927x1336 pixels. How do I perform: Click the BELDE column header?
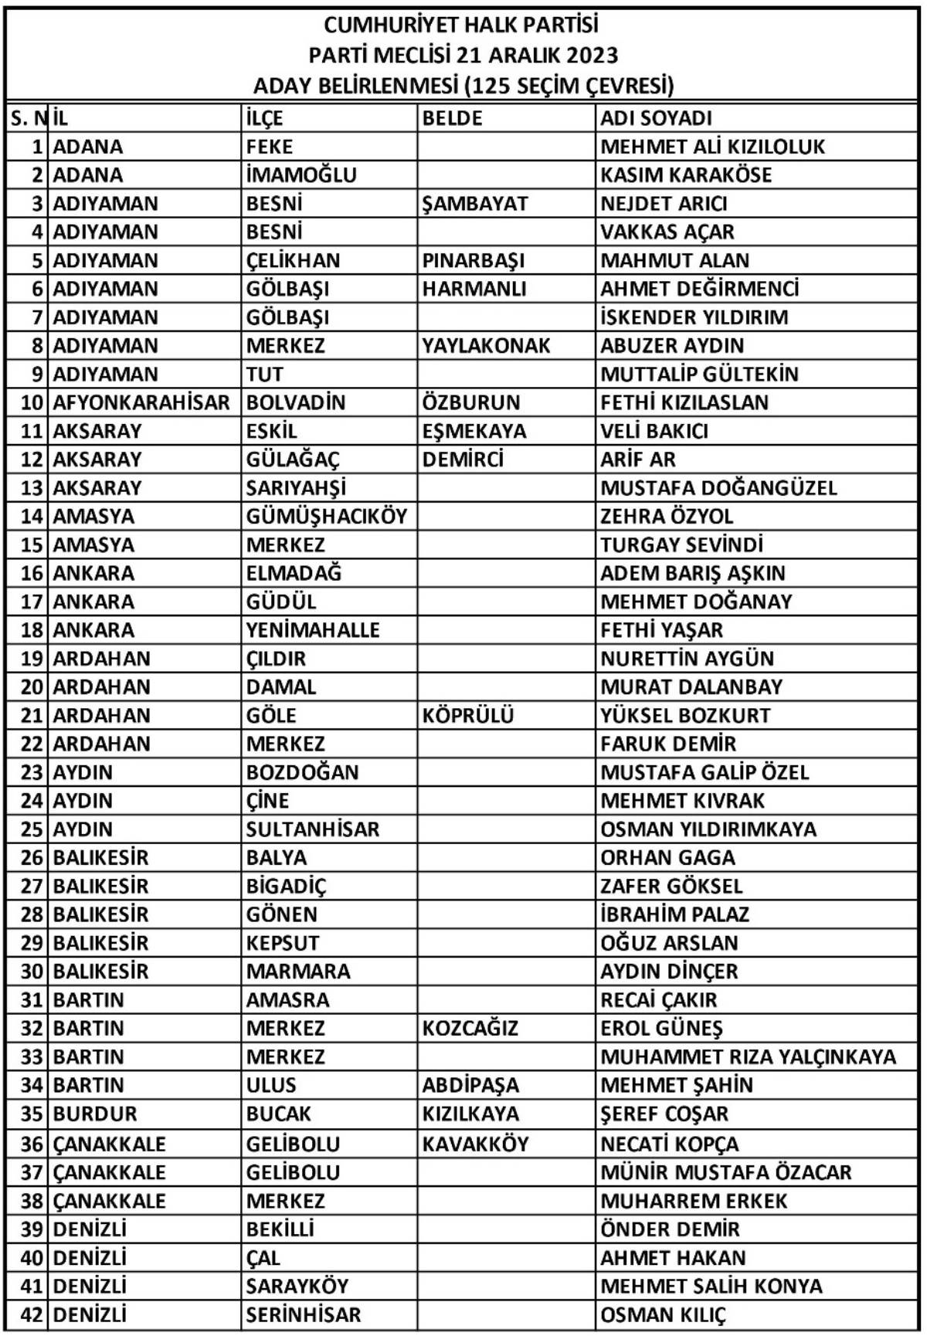click(x=452, y=118)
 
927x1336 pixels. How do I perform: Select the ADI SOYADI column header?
click(x=656, y=118)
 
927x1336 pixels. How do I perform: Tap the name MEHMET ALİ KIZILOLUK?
click(x=712, y=147)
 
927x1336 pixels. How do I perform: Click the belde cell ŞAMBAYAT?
click(x=474, y=204)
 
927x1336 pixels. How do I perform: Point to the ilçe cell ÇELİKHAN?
click(x=293, y=260)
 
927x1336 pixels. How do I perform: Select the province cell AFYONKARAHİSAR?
click(x=141, y=402)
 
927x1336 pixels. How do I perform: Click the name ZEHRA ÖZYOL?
click(x=667, y=516)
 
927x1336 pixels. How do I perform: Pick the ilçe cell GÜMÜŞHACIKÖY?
click(x=326, y=516)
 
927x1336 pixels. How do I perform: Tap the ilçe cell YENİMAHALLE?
click(x=313, y=630)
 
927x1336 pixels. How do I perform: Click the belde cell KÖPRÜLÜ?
click(x=467, y=715)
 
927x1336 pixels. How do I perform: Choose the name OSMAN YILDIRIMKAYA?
click(x=708, y=829)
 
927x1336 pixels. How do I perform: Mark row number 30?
click(x=31, y=971)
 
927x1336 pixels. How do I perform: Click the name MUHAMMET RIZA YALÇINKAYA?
click(x=748, y=1056)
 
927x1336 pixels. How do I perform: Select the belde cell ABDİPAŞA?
click(x=470, y=1085)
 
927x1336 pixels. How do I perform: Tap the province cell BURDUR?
click(x=94, y=1114)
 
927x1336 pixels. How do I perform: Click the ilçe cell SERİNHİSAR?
click(x=303, y=1314)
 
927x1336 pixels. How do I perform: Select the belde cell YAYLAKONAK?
click(x=486, y=345)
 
